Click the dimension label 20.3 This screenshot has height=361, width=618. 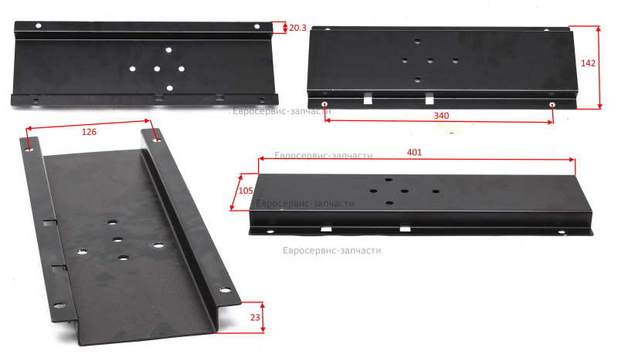[297, 28]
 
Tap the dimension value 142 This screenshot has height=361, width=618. [588, 63]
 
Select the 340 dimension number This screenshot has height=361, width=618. [441, 116]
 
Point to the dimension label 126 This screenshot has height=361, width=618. [89, 132]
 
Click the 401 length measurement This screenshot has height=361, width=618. [414, 153]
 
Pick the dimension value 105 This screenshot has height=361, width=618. [246, 191]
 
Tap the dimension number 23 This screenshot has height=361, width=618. [255, 317]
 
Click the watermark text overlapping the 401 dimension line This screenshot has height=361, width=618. [324, 156]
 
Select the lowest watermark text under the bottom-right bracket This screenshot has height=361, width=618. [332, 251]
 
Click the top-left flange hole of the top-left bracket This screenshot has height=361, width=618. [39, 26]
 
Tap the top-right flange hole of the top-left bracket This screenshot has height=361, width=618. [257, 27]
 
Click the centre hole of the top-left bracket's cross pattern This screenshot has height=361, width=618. [157, 69]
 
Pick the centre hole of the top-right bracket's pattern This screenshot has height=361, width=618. [430, 60]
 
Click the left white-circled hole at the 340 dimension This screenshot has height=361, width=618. [324, 104]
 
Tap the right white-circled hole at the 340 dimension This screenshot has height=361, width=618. [552, 105]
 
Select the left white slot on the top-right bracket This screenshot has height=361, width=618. [368, 100]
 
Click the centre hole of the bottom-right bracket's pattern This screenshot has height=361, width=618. [405, 191]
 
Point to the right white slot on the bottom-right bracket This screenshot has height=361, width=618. [405, 228]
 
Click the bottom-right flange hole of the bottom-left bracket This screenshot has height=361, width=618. [225, 290]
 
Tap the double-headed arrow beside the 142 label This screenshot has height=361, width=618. [599, 67]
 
